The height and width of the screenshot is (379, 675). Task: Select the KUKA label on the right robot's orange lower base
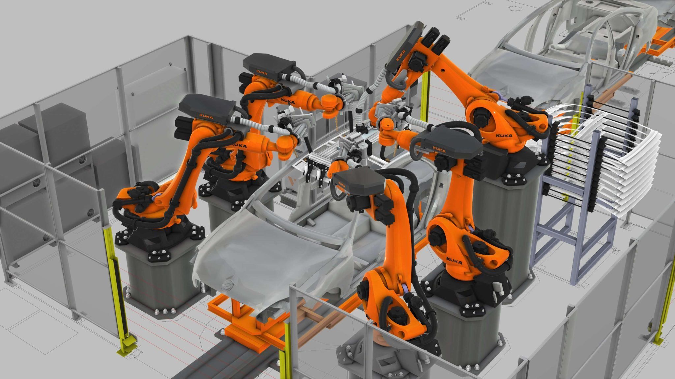(x=454, y=261)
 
